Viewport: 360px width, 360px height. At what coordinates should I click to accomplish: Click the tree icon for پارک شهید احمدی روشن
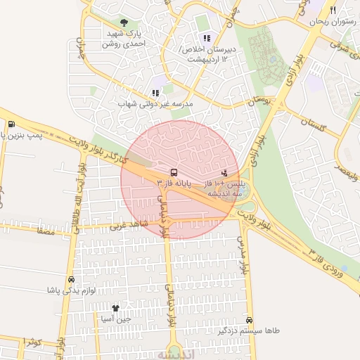click(124, 23)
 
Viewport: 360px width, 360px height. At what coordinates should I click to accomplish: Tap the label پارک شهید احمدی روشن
click(124, 38)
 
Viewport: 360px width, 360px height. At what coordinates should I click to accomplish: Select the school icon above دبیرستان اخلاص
click(206, 38)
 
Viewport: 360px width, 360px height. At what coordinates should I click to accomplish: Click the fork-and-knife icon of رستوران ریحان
click(333, 10)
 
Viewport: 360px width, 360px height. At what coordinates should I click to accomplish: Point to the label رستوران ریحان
click(328, 22)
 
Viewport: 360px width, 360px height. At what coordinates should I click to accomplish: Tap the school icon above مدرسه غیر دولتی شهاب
click(155, 93)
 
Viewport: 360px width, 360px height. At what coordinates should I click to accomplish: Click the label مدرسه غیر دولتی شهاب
click(155, 104)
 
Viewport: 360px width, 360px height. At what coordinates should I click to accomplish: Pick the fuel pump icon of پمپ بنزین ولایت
click(11, 125)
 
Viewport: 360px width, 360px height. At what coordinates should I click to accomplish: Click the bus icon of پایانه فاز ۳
click(173, 172)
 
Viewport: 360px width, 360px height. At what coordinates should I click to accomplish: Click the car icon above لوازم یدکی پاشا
click(71, 279)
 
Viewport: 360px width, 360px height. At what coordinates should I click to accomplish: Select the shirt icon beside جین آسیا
click(116, 308)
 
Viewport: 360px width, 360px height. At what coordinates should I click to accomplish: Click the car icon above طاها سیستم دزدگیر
click(250, 319)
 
